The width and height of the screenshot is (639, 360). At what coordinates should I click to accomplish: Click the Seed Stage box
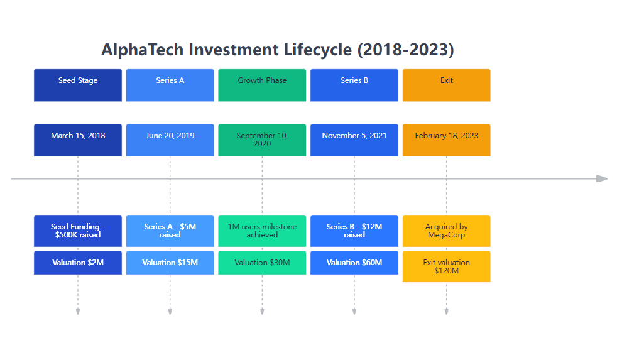click(78, 85)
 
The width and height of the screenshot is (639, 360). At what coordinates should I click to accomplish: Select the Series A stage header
click(170, 85)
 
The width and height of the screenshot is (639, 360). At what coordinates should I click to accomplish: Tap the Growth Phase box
click(262, 85)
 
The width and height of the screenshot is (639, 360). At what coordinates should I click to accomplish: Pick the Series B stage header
click(354, 85)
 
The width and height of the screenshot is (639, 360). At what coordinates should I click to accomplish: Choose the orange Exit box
click(446, 85)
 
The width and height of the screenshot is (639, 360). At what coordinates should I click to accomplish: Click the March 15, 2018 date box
click(78, 139)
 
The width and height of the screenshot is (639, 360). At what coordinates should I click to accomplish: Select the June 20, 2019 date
click(170, 139)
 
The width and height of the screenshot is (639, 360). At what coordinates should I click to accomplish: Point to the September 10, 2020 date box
click(262, 139)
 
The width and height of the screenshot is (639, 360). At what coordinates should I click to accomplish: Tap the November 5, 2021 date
click(354, 139)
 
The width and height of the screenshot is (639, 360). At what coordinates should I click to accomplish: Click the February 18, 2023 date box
click(446, 139)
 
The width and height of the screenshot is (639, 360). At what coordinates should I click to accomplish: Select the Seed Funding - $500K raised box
click(78, 231)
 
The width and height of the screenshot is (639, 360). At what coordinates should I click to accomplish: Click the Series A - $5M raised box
click(170, 231)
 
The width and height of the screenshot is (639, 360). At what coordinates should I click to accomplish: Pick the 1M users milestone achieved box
click(262, 231)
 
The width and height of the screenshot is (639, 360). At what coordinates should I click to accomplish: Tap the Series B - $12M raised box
click(354, 231)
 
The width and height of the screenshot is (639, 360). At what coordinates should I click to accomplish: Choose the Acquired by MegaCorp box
click(446, 231)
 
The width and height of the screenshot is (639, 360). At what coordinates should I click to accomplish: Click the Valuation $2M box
click(78, 263)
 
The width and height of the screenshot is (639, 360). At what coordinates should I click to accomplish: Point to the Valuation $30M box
click(262, 263)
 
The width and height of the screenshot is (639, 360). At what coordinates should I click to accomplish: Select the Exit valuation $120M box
click(446, 266)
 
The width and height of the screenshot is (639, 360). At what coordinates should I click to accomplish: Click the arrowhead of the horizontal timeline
click(603, 179)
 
